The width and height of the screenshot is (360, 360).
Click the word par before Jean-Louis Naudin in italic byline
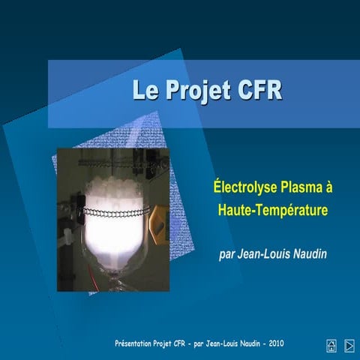tap(226, 253)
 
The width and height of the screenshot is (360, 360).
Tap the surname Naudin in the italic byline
tap(307, 253)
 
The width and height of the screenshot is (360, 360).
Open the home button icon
tap(331, 345)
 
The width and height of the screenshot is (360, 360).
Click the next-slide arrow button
tap(349, 345)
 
